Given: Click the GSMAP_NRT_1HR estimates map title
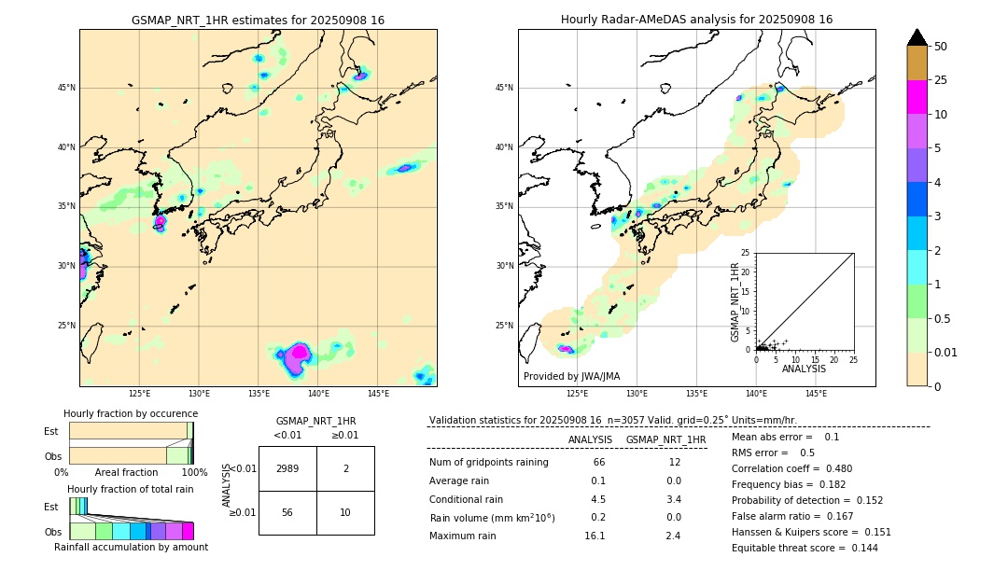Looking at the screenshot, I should (x=258, y=20).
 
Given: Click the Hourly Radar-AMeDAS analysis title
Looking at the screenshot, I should (x=696, y=20).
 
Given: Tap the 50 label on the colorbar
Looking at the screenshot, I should (x=941, y=47).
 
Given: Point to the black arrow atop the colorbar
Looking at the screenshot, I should (x=917, y=37).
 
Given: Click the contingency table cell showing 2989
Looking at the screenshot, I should (x=287, y=468).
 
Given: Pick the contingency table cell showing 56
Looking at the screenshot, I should (x=287, y=512).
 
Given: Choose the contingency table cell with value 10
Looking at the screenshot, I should (x=345, y=512).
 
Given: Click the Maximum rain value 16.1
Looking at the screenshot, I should (x=595, y=536).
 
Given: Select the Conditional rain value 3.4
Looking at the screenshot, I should (x=673, y=498).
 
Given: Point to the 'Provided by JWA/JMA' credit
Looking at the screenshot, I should (x=571, y=376).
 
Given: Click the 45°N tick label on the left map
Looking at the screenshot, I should (x=66, y=88).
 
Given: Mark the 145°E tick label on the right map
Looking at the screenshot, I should (x=816, y=394).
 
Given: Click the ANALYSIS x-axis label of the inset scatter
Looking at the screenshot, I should (x=805, y=369).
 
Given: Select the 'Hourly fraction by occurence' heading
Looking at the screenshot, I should (x=131, y=413).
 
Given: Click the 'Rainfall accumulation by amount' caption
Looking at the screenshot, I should (x=131, y=547).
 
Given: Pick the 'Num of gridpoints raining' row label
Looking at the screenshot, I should (x=489, y=462).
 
